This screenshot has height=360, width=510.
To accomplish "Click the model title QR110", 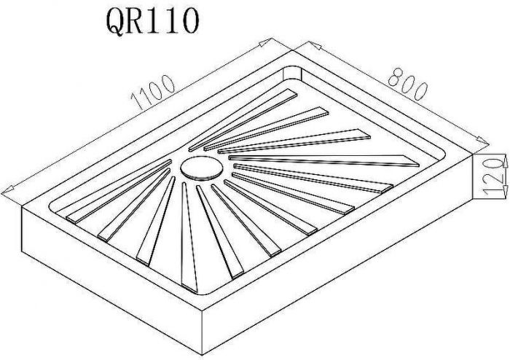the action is [152, 21].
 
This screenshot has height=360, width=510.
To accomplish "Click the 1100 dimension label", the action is [152, 92].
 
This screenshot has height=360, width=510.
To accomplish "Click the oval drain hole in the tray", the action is [202, 168].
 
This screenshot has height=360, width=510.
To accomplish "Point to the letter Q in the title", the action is [115, 21].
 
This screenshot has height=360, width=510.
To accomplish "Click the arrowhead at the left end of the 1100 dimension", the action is [7, 190].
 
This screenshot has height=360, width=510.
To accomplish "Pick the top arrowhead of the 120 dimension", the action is [506, 161].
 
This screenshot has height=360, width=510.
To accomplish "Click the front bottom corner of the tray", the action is [203, 355].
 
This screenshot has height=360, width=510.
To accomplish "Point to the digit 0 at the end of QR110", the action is [188, 21].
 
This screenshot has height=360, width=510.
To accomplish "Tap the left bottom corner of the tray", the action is [22, 252].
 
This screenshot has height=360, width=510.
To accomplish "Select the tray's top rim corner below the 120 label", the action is [472, 154].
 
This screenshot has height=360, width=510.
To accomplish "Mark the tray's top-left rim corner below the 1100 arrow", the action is [22, 206].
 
